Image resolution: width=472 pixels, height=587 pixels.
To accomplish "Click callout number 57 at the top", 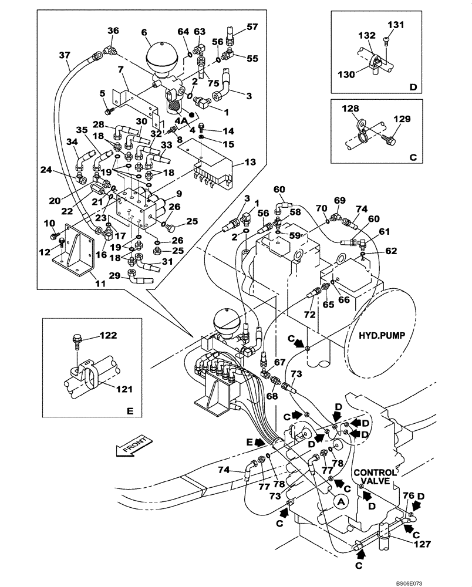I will click(x=252, y=27).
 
